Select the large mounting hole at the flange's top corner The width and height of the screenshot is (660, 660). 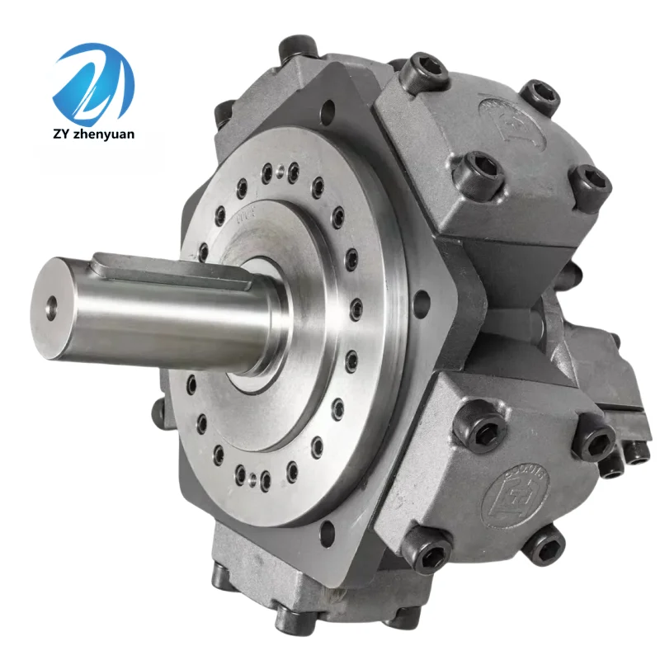click(328, 109)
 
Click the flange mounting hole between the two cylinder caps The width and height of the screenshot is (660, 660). click(422, 301)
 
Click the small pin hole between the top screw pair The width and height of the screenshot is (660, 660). click(280, 172)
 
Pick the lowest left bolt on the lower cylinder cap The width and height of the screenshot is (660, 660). click(430, 551)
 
